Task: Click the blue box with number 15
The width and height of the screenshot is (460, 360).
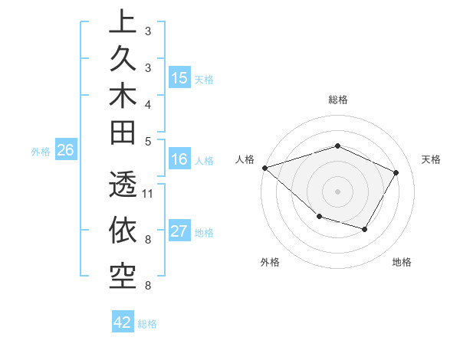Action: pos(179,78)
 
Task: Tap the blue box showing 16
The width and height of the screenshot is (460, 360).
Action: pos(179,160)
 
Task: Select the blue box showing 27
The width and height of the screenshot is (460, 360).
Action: pos(179,232)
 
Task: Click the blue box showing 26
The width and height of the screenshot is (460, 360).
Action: pos(66,151)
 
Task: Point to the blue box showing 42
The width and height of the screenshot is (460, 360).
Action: pos(123,322)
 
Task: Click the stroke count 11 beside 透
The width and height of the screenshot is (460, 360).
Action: pos(149,193)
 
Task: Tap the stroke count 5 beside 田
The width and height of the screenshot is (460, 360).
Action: pos(147,141)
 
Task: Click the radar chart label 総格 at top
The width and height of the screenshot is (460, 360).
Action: pos(338,100)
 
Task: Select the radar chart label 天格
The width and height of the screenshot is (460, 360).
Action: pos(432,159)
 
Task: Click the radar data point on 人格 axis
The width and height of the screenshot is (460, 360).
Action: pos(264,168)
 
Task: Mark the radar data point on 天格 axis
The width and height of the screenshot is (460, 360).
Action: pos(396,172)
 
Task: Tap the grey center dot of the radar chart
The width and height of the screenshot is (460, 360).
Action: pos(338,191)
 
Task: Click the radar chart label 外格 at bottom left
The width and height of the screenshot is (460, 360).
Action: pos(270,262)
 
